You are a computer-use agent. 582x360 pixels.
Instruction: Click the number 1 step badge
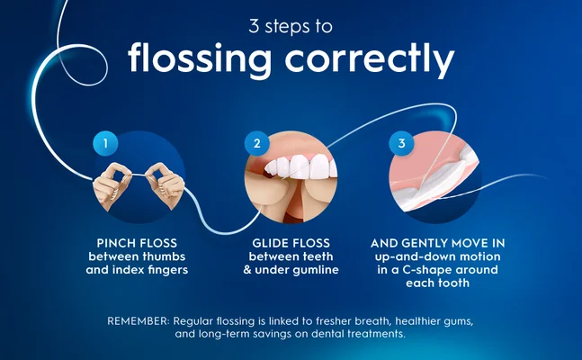[105, 143]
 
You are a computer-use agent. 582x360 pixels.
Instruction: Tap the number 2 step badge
[257, 143]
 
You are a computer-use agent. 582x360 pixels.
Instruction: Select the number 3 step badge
[401, 143]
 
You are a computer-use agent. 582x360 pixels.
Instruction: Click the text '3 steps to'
[291, 24]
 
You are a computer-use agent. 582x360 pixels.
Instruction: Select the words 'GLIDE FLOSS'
[291, 243]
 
